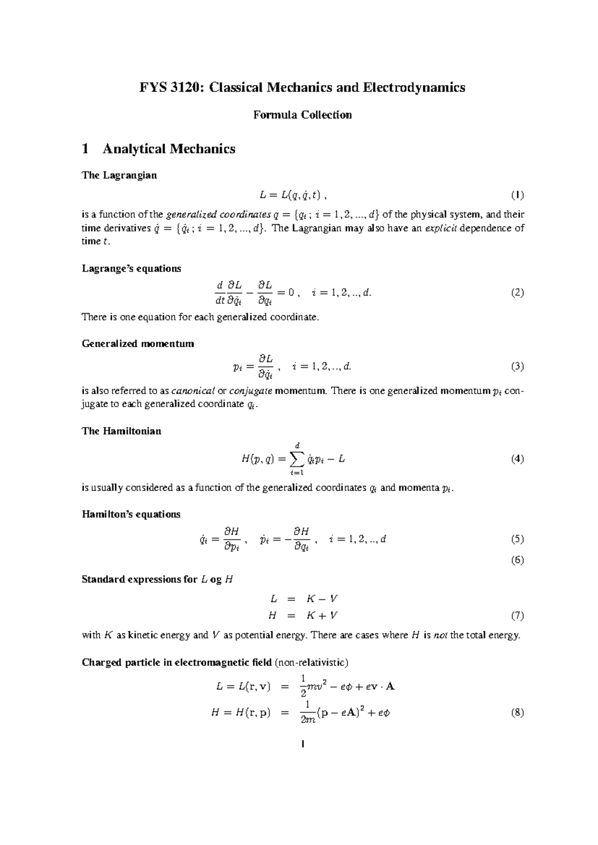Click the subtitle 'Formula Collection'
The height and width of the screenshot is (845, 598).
pyautogui.click(x=302, y=115)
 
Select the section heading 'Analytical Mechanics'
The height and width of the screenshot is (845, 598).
pyautogui.click(x=168, y=149)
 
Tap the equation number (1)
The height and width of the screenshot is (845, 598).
pyautogui.click(x=517, y=195)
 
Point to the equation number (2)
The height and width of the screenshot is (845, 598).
pyautogui.click(x=517, y=292)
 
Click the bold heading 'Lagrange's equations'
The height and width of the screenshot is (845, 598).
pyautogui.click(x=131, y=269)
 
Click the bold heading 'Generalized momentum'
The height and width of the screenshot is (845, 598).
pyautogui.click(x=138, y=344)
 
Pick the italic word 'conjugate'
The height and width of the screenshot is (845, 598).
pyautogui.click(x=247, y=391)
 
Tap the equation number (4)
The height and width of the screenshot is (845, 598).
pyautogui.click(x=517, y=459)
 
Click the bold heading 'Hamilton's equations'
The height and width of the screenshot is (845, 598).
pyautogui.click(x=131, y=514)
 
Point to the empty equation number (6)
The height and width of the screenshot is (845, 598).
pyautogui.click(x=517, y=560)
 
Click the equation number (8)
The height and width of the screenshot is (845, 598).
pyautogui.click(x=517, y=712)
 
